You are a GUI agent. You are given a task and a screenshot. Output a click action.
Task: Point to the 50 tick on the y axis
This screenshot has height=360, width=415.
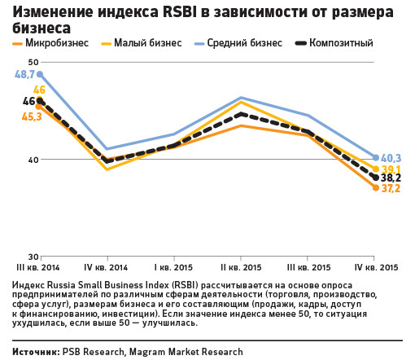tap(33, 62)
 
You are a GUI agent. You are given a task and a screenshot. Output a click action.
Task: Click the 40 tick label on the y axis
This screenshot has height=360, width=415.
tap(33, 160)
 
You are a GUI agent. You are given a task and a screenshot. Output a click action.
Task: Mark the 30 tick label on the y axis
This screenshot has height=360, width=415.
tap(33, 257)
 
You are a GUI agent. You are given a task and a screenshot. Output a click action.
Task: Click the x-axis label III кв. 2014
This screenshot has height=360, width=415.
tap(38, 268)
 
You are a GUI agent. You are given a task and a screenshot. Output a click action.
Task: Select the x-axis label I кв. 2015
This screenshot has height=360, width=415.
tap(173, 268)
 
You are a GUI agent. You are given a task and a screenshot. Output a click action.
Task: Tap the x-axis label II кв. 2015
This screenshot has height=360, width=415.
tap(241, 268)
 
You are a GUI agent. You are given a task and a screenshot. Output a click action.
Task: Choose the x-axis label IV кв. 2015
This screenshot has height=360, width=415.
tap(376, 268)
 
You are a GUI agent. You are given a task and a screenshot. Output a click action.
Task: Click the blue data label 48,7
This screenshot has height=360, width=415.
tap(24, 74)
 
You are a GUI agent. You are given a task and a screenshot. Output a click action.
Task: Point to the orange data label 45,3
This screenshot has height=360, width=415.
tap(32, 116)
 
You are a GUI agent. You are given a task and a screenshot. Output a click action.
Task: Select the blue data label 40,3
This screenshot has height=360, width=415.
tap(391, 158)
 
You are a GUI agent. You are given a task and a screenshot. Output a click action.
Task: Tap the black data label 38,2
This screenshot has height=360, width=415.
tap(391, 178)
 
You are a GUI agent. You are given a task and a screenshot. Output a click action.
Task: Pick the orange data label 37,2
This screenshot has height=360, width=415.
tap(391, 188)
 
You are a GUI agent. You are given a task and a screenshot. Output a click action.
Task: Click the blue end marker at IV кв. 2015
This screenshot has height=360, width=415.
tap(376, 158)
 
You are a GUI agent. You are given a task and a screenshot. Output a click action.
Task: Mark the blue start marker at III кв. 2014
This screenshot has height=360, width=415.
tap(40, 74)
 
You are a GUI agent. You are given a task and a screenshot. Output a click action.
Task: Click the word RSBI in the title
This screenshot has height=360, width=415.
tap(179, 12)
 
